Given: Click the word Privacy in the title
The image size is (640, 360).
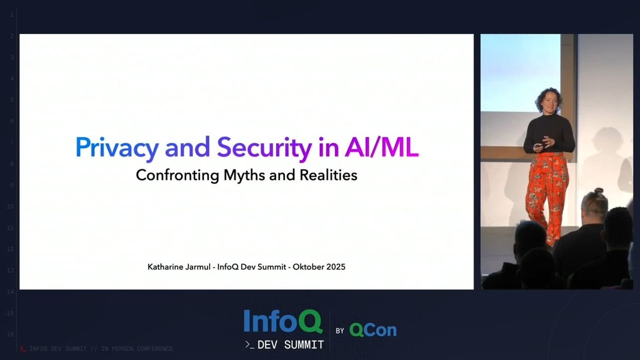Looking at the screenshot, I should click(117, 147).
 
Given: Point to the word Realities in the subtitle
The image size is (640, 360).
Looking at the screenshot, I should click(328, 175).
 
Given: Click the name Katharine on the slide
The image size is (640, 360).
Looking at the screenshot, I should click(165, 267).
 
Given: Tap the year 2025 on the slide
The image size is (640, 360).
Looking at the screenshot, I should click(335, 267).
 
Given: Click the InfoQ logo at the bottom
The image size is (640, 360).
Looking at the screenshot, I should click(283, 322).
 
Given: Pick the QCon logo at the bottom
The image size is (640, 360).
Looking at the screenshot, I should click(373, 330).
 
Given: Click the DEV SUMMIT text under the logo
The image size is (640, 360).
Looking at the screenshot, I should click(290, 345).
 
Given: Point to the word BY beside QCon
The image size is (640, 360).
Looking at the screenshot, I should click(340, 331).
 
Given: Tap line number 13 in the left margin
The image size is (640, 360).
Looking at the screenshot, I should click(10, 270).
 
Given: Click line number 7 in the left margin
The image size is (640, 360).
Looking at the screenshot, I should click(10, 143).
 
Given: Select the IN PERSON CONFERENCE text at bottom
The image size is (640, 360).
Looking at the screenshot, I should click(137, 349).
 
